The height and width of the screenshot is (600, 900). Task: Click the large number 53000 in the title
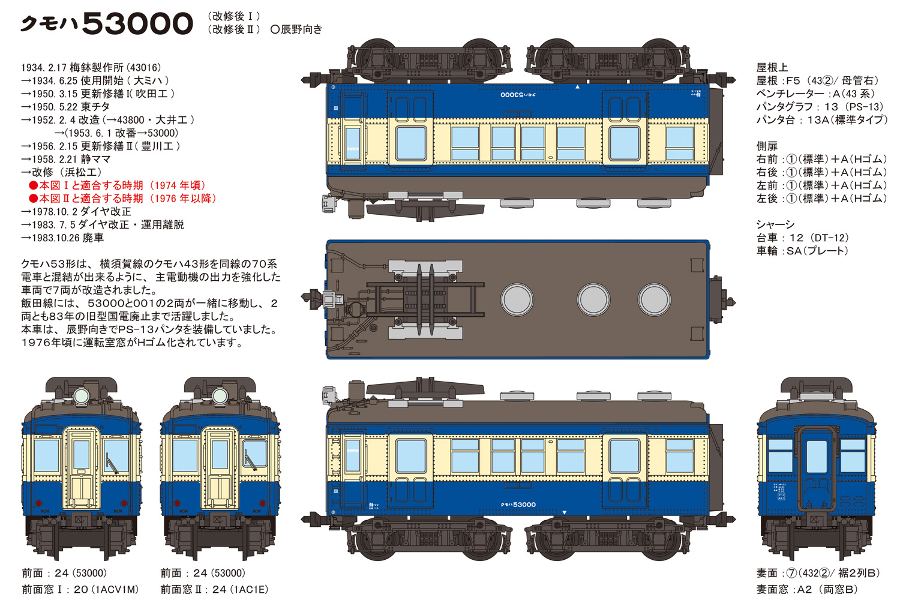137,23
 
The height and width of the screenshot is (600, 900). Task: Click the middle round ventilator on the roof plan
593,299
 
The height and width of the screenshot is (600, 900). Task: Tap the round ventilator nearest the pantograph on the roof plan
517,299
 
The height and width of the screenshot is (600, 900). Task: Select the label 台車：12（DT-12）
802,238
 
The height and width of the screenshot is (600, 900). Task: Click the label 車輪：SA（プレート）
802,251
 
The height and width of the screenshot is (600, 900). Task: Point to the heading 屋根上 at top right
772,68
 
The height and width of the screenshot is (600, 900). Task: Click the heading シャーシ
775,225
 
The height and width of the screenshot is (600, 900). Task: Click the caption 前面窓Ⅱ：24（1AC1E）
214,590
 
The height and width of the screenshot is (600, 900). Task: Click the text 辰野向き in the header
301,29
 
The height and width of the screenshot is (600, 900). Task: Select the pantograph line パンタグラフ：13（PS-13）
820,107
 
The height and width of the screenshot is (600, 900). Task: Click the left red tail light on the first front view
38,503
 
